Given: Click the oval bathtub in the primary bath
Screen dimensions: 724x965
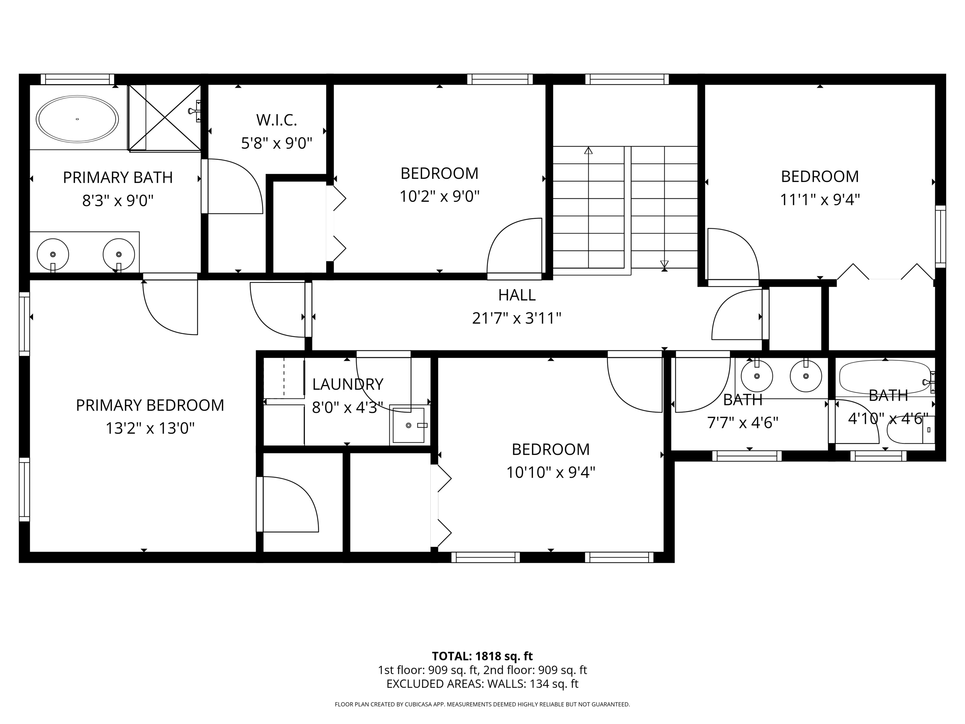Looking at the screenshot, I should click(x=77, y=119).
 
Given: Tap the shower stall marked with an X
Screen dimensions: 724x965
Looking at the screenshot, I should click(x=165, y=118).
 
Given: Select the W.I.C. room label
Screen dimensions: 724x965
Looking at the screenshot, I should click(x=276, y=120).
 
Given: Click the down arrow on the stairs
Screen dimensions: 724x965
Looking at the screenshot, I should click(x=664, y=264).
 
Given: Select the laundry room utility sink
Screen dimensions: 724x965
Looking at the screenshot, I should click(x=409, y=425).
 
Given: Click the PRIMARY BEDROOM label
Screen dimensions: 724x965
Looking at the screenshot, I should click(x=150, y=405).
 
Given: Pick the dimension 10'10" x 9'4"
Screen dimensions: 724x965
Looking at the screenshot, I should click(x=551, y=473).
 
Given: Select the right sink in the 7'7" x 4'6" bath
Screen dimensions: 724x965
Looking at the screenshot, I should click(x=806, y=376).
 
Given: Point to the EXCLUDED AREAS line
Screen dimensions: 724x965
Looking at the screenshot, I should click(x=482, y=684).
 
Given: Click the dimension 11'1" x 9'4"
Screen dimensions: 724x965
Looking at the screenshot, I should click(x=820, y=200).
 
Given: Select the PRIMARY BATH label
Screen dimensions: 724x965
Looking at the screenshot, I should click(x=118, y=178).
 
